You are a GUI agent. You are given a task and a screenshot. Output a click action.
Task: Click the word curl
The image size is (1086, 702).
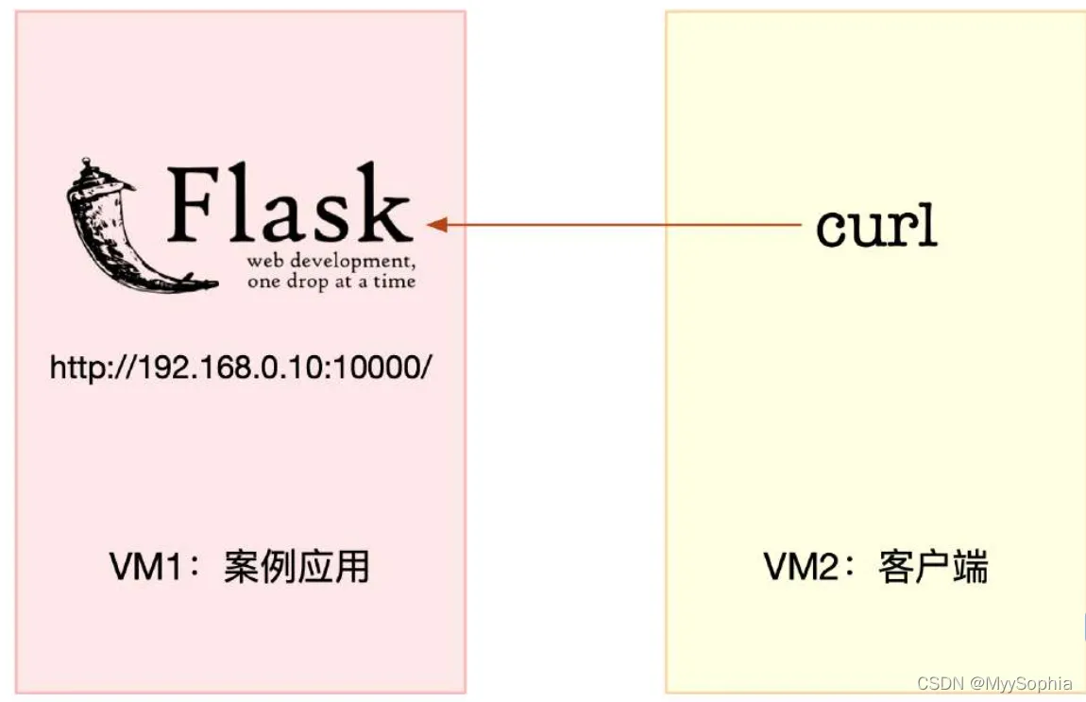[x=876, y=227]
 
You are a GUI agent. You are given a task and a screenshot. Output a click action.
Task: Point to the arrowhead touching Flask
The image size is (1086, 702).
[x=435, y=225]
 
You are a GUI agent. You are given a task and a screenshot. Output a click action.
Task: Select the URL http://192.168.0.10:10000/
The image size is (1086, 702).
[x=240, y=368]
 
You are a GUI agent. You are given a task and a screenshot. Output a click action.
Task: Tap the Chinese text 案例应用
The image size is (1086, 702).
[x=297, y=569]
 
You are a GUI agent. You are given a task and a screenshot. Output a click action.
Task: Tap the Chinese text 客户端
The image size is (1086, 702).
[x=933, y=569]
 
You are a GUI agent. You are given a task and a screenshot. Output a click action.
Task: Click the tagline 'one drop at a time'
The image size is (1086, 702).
[x=331, y=281]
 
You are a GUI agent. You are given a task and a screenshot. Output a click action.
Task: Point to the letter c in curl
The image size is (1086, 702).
[x=832, y=229]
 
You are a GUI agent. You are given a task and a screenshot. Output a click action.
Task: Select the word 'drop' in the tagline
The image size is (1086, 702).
[x=302, y=282]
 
